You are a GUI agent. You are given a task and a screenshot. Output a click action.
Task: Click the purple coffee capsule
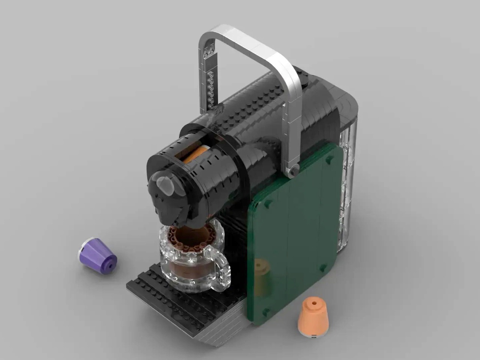98,253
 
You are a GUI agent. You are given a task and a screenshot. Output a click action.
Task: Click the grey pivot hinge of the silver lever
292,171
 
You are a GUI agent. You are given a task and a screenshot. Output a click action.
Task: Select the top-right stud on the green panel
330,160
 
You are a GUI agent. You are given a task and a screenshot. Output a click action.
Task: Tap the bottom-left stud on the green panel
267,310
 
